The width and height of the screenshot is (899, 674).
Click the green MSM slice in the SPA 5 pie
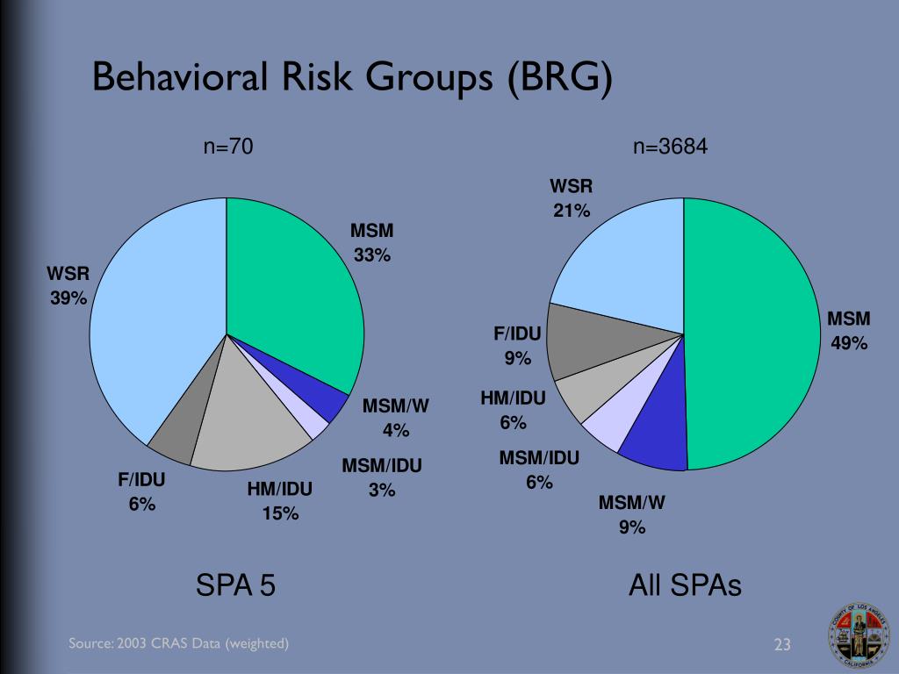(290, 290)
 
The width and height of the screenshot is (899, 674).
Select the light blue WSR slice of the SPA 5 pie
(154, 325)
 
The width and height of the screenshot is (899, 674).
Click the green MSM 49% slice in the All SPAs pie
(755, 333)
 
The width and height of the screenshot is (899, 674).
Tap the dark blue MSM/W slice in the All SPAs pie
(654, 443)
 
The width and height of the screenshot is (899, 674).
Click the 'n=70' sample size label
(228, 147)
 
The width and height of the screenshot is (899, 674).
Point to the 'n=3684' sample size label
(671, 147)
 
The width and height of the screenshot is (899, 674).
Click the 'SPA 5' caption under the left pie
(235, 584)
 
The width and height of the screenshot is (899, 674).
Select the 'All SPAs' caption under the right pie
(685, 584)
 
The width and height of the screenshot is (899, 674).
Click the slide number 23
(782, 645)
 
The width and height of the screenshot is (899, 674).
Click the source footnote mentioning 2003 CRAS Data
(179, 644)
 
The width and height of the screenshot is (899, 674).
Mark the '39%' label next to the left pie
(68, 298)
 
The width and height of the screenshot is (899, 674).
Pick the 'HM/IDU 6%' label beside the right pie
(513, 411)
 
